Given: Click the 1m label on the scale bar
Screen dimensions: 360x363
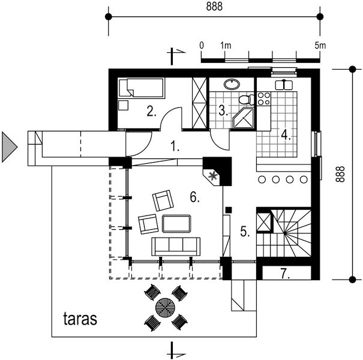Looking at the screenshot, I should [226, 46].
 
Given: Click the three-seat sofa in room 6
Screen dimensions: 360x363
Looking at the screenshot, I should [175, 245].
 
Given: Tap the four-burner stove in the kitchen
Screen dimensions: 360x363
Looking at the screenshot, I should [263, 98].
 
